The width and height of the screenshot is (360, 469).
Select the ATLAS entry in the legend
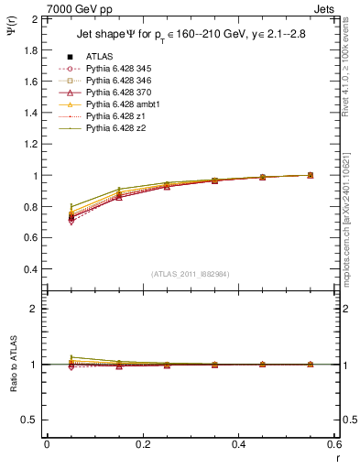[99, 57]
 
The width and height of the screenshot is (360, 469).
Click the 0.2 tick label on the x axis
[142, 443]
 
